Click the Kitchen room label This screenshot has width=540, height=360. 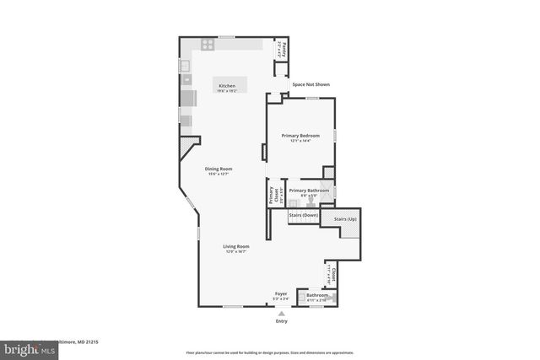pyautogui.click(x=227, y=86)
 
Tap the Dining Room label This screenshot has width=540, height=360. pyautogui.click(x=219, y=169)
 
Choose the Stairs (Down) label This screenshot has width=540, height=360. pyautogui.click(x=304, y=216)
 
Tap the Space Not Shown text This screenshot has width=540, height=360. pyautogui.click(x=310, y=84)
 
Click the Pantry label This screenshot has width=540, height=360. pyautogui.click(x=284, y=47)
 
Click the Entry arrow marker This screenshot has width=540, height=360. pyautogui.click(x=282, y=313)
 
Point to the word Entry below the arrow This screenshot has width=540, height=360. pyautogui.click(x=282, y=321)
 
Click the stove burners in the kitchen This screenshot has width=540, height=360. pyautogui.click(x=206, y=45)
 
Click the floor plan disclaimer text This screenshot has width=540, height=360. pyautogui.click(x=270, y=352)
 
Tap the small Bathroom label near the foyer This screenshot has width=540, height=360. pyautogui.click(x=317, y=295)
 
